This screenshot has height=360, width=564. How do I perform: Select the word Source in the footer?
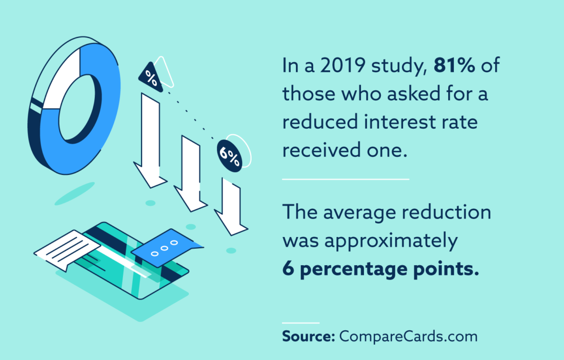click(307, 337)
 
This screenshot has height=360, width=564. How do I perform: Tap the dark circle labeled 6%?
click(229, 154)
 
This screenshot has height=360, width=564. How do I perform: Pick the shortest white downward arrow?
click(231, 205)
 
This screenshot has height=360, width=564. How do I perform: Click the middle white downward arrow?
click(190, 174)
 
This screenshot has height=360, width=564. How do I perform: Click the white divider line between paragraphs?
click(345, 179)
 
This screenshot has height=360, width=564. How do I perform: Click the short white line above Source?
click(300, 323)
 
